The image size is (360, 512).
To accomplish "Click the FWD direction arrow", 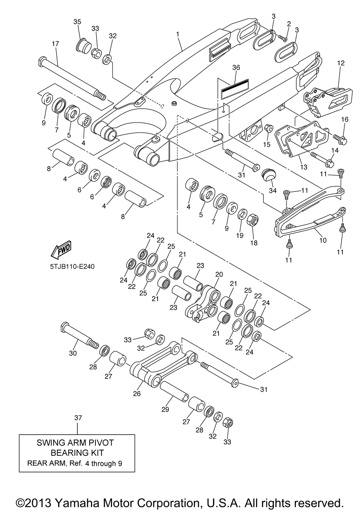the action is tap(61, 250).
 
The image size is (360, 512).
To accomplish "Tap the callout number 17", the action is tap(55, 44).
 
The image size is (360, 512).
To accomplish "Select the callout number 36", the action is tap(236, 67).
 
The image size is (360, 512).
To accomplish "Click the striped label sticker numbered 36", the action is tap(235, 89).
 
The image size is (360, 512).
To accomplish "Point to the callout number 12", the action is tap(341, 63).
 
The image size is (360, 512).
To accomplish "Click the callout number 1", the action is tap(177, 34).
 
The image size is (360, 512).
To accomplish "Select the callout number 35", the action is tap(77, 22).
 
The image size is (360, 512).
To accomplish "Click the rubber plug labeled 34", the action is tap(268, 175).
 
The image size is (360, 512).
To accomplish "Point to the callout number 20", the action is tap(219, 274).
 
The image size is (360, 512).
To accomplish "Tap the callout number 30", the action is tap(73, 353).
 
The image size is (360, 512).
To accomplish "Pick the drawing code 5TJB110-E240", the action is tap(72, 267).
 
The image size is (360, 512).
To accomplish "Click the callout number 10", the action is tap(323, 240).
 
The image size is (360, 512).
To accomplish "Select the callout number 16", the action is tap(345, 119).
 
